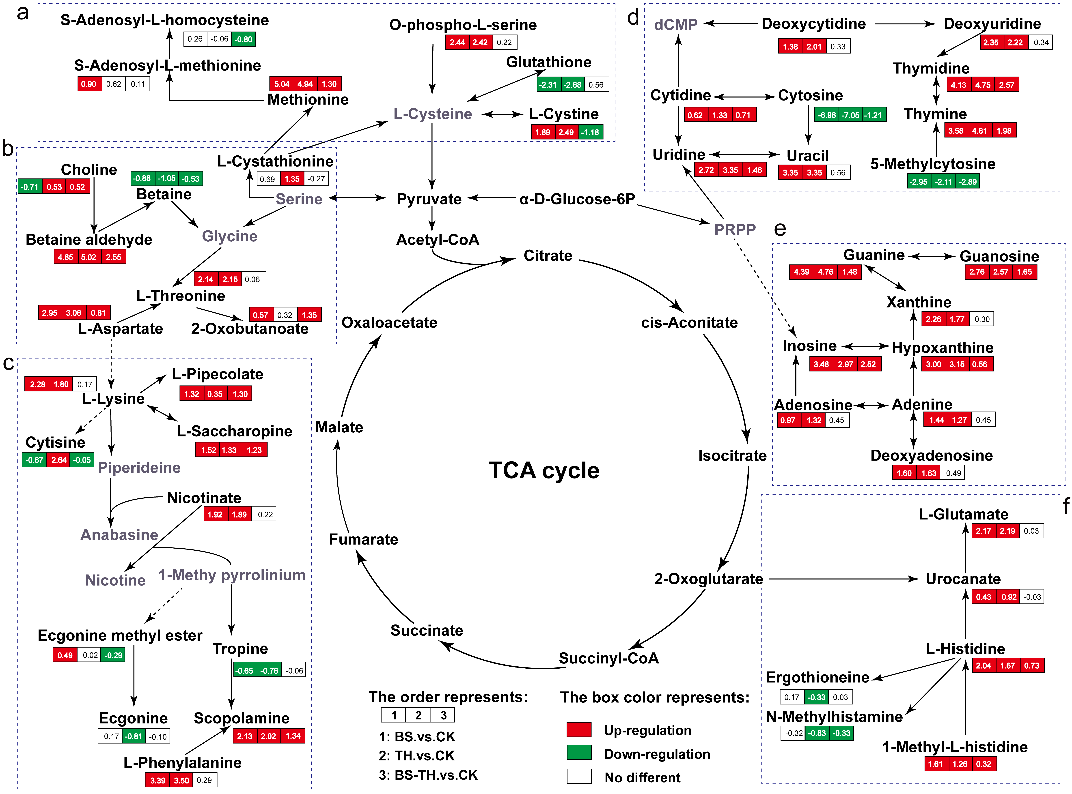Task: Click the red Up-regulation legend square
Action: pyautogui.click(x=579, y=730)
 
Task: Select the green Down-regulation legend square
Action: pyautogui.click(x=579, y=753)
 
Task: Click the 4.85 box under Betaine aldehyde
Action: pyautogui.click(x=65, y=257)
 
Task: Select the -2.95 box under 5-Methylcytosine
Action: pyautogui.click(x=919, y=182)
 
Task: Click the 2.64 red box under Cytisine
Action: pyautogui.click(x=59, y=460)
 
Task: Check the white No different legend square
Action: pyautogui.click(x=579, y=776)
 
